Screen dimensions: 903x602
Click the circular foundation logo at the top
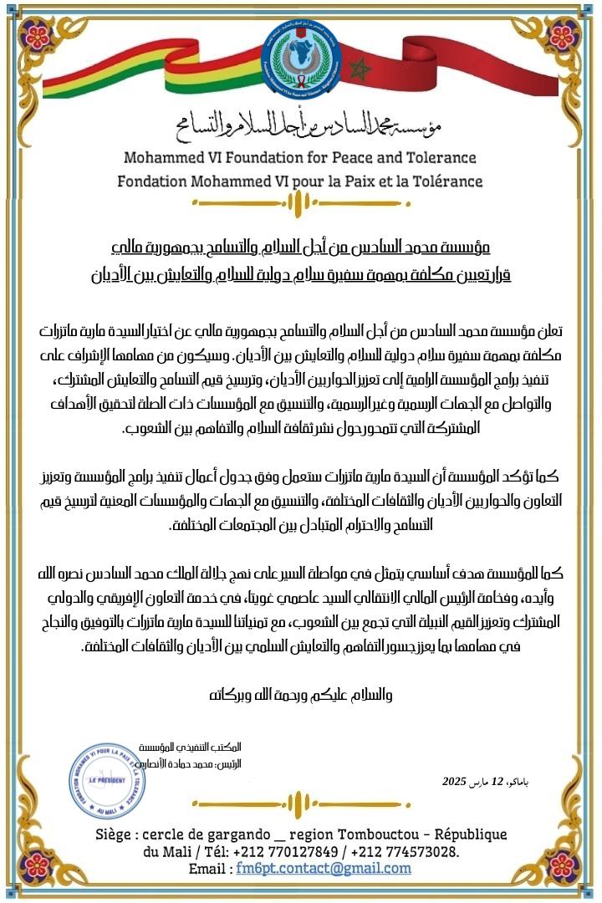click(301, 57)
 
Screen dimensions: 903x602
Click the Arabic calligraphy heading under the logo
click(300, 125)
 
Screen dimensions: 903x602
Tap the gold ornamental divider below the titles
click(300, 202)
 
